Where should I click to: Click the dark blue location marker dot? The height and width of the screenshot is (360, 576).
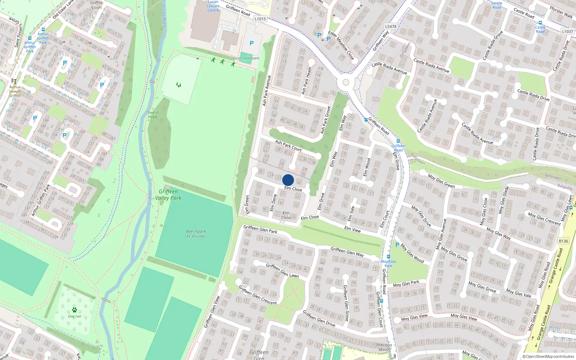pyautogui.click(x=288, y=180)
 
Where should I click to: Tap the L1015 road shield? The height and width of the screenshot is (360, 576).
pyautogui.click(x=260, y=19)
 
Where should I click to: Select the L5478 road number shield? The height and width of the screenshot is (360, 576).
pyautogui.click(x=391, y=26)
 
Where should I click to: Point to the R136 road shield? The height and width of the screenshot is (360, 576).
pyautogui.click(x=563, y=241)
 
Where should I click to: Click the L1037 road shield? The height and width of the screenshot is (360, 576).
pyautogui.click(x=567, y=31)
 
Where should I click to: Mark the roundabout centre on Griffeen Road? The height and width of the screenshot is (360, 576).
pyautogui.click(x=346, y=82)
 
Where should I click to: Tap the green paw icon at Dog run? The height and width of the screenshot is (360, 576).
pyautogui.click(x=75, y=310)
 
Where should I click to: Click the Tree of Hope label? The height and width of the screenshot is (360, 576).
pyautogui.click(x=153, y=115)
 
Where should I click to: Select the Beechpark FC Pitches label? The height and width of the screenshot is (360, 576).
pyautogui.click(x=196, y=234)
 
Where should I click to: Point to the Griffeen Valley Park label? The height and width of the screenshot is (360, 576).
pyautogui.click(x=168, y=195)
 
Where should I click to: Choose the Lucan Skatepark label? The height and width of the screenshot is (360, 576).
pyautogui.click(x=246, y=58)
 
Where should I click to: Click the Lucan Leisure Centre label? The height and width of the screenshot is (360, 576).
pyautogui.click(x=213, y=6)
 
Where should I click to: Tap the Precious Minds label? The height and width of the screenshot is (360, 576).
pyautogui.click(x=384, y=347)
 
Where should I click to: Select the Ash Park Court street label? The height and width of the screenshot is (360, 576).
pyautogui.click(x=288, y=145)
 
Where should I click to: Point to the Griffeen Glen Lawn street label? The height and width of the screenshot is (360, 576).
pyautogui.click(x=282, y=270)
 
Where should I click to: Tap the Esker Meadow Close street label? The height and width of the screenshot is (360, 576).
pyautogui.click(x=341, y=45)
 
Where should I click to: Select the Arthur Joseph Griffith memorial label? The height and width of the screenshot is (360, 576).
pyautogui.click(x=15, y=91)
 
